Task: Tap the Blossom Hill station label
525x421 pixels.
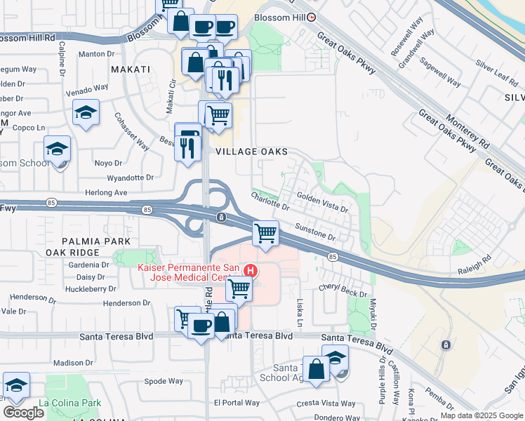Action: (273, 18)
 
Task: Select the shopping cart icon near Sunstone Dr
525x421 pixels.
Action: (265, 232)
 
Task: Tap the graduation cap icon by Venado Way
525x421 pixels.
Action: (86, 112)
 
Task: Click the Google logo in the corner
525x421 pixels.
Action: (23, 412)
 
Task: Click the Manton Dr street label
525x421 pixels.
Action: (96, 53)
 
